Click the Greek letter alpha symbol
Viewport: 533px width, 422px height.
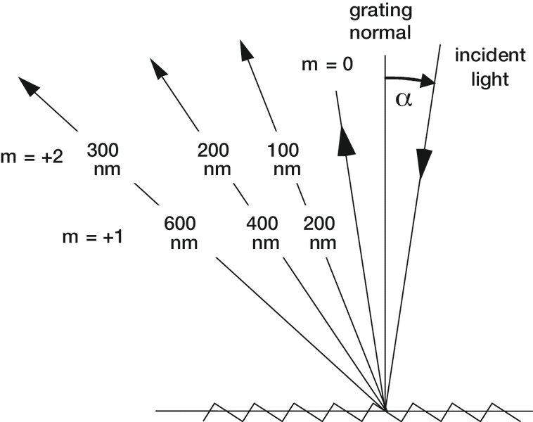pyautogui.click(x=402, y=99)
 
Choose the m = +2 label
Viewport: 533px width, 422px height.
pyautogui.click(x=32, y=157)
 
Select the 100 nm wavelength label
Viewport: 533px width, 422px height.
pyautogui.click(x=284, y=160)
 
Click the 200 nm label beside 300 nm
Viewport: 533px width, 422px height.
pyautogui.click(x=214, y=160)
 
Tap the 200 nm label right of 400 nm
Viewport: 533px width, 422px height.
pyautogui.click(x=320, y=234)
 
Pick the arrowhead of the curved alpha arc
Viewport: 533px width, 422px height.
pyautogui.click(x=429, y=83)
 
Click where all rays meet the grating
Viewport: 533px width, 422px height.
pyautogui.click(x=385, y=409)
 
